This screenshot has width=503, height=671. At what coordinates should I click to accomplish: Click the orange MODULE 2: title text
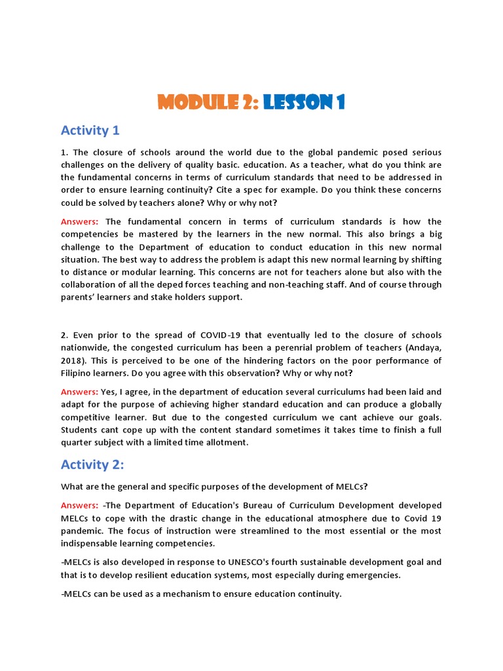click(208, 102)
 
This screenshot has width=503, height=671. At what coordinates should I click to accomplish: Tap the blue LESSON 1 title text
click(304, 102)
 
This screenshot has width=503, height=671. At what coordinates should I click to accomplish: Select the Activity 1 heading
click(90, 130)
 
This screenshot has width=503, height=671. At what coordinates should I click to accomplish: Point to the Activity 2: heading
click(93, 465)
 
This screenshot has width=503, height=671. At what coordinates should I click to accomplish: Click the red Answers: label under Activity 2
click(79, 506)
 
